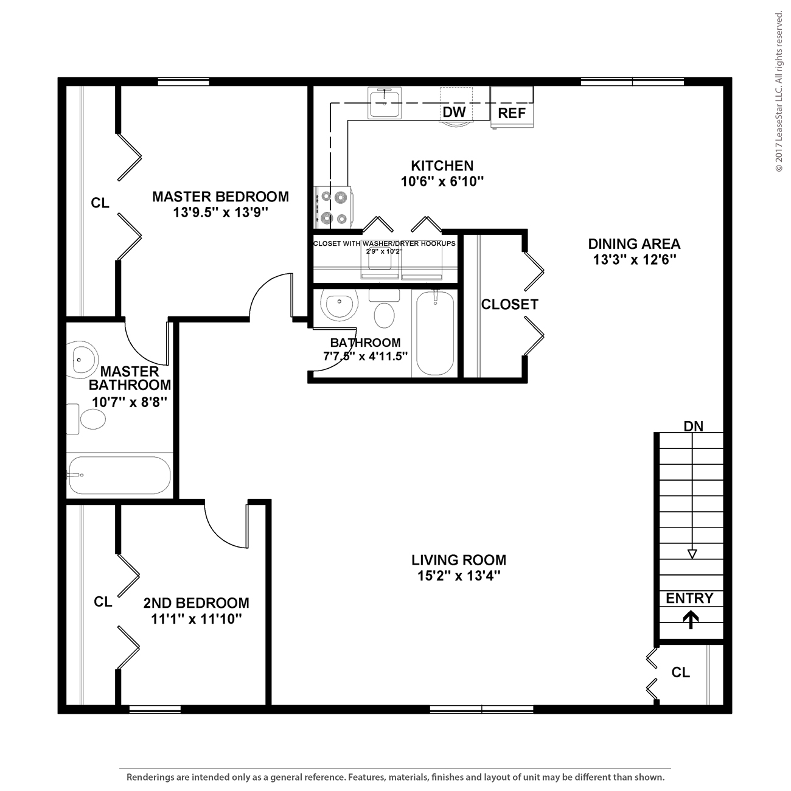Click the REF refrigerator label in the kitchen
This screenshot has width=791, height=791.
[512, 113]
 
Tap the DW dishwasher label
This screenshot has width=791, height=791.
[454, 112]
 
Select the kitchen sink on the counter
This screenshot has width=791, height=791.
[385, 102]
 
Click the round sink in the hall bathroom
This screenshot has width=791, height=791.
[339, 306]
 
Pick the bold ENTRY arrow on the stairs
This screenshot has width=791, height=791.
[690, 619]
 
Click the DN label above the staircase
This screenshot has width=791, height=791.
[693, 426]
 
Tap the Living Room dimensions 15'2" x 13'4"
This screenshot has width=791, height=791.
[459, 576]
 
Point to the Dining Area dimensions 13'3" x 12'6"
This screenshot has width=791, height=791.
[635, 260]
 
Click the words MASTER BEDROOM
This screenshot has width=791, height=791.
[220, 197]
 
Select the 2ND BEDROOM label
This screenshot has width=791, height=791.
[196, 603]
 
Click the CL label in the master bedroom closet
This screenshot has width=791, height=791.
[100, 203]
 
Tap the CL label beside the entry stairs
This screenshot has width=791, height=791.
[680, 672]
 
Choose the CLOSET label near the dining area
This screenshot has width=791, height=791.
[509, 304]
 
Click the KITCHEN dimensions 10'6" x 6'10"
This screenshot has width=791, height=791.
[442, 181]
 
